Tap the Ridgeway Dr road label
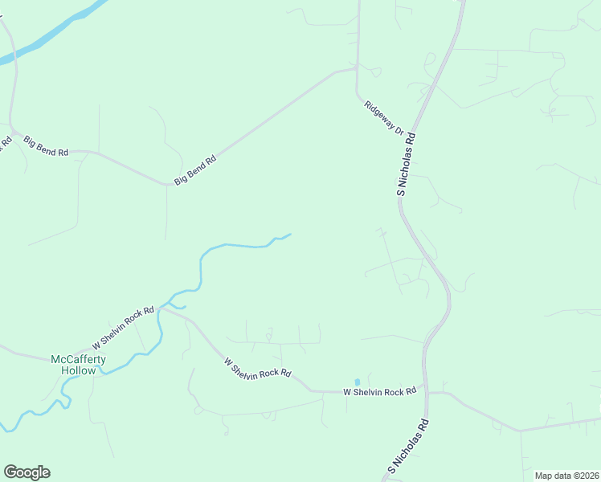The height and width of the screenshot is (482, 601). pos(382,117)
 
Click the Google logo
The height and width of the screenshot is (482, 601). pos(27,472)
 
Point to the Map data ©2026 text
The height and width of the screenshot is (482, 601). pos(566,476)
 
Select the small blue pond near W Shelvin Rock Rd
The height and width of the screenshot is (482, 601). pos(358,382)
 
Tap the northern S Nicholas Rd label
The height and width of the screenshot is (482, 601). pos(407,165)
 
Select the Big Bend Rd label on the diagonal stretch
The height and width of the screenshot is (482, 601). pos(196,170)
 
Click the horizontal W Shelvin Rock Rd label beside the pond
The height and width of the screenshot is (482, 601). pos(379,392)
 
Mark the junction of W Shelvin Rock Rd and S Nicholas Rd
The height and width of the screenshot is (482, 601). pos(426,393)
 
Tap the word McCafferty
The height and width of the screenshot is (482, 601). pos(78,359)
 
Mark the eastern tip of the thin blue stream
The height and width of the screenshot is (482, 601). pos(289,235)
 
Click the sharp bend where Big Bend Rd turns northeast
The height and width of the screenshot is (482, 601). pos(170,184)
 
